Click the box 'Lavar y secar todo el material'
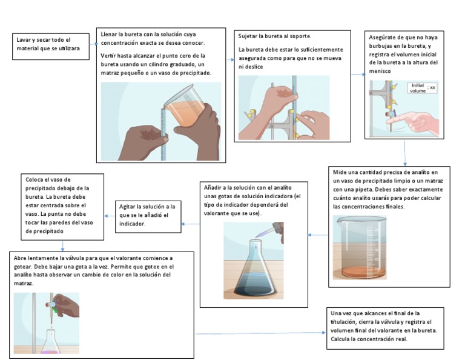pos(51,47)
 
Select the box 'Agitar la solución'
pos(148,216)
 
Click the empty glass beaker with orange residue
pos(360,247)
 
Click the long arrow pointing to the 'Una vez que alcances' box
pos(260,333)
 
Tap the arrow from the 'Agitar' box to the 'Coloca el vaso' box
pos(110,216)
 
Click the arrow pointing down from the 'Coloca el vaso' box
pos(62,246)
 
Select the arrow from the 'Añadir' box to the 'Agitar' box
pos(190,224)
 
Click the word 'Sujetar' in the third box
pos(247,36)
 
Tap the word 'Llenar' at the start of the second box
pos(108,35)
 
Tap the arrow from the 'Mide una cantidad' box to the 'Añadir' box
pos(318,235)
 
